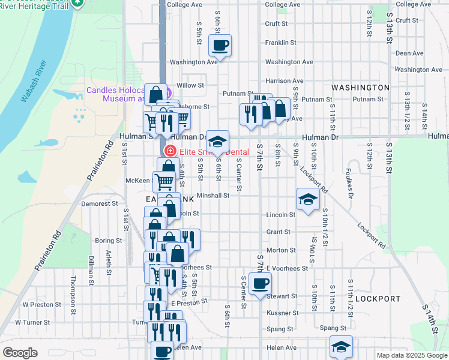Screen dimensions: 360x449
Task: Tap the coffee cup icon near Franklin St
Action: [x=220, y=45]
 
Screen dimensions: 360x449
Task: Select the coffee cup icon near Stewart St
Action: [x=260, y=283]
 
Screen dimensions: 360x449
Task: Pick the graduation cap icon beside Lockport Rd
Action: [x=308, y=199]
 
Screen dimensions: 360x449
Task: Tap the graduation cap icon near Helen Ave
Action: [x=341, y=347]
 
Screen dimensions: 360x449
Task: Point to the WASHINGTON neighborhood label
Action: [x=360, y=88]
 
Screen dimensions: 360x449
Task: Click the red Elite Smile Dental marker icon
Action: [x=170, y=151]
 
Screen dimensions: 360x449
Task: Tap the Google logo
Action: [x=20, y=353]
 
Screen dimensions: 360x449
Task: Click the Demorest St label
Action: [x=100, y=204]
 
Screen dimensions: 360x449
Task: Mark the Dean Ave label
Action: [x=410, y=53]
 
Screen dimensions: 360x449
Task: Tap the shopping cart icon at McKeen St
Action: [x=164, y=181]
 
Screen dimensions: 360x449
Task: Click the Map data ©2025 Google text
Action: [x=411, y=355]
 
